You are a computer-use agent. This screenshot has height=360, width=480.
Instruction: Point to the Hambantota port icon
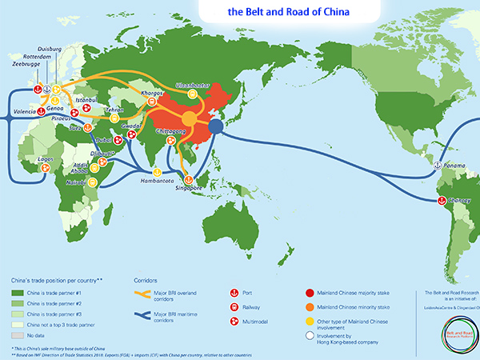(158, 172)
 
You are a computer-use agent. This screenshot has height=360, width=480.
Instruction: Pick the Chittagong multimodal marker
(170, 141)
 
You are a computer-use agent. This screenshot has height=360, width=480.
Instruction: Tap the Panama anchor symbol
(437, 165)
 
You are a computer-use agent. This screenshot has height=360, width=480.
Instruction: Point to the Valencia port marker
(41, 113)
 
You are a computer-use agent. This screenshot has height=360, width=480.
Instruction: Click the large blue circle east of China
(216, 126)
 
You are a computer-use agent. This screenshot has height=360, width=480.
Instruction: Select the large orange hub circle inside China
(189, 119)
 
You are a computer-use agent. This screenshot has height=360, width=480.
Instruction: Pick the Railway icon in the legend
(236, 306)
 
